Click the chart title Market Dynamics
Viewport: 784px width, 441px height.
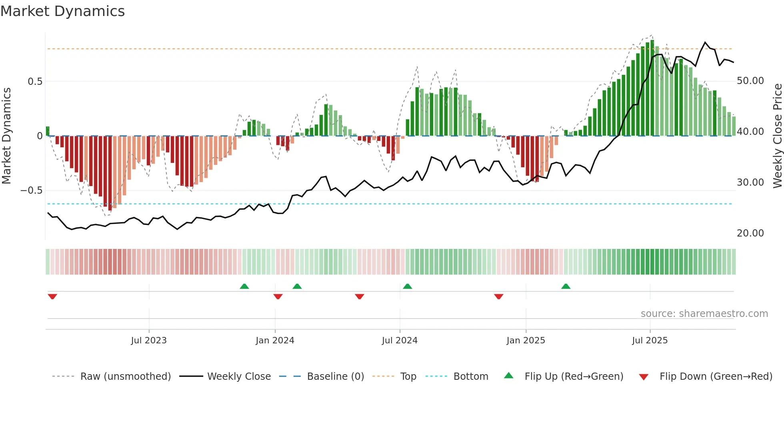click(x=62, y=11)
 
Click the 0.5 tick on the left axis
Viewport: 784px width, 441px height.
click(x=35, y=82)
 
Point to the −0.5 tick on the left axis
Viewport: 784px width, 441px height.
click(x=32, y=190)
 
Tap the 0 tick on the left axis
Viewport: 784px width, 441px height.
click(x=40, y=136)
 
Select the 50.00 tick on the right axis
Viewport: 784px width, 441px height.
click(x=750, y=81)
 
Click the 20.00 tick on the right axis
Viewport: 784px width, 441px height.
click(x=750, y=233)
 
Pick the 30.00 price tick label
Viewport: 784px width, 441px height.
click(x=750, y=182)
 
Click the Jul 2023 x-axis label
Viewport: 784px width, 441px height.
click(x=149, y=341)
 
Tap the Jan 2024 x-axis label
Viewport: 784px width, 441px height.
click(x=275, y=341)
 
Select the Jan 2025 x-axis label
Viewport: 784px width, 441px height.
click(x=526, y=341)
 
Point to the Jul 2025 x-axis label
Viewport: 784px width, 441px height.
click(x=650, y=341)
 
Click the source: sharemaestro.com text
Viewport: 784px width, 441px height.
click(x=704, y=314)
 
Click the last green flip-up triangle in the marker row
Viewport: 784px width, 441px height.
click(x=566, y=287)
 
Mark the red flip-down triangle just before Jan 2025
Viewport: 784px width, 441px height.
click(x=498, y=297)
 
